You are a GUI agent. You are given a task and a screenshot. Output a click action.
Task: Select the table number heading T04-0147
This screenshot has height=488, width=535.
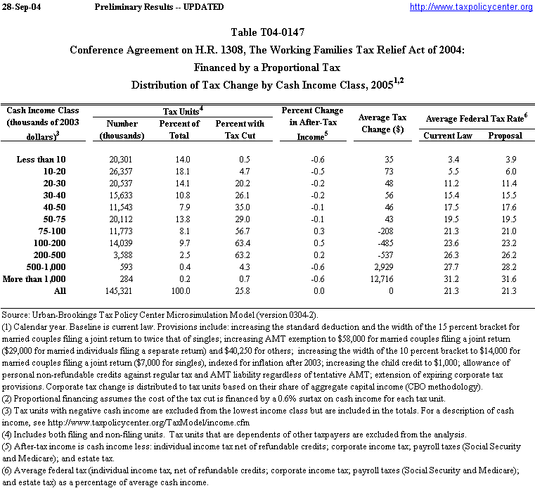point(267,32)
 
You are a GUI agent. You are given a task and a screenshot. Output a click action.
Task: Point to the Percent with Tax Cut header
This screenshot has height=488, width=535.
point(240,129)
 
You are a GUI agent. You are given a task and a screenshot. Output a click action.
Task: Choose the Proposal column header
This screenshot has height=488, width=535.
point(505,136)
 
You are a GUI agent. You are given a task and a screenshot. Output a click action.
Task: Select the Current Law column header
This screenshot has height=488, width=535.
point(449,136)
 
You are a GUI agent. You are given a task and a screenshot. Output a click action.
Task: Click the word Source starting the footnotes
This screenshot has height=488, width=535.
point(18,315)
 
